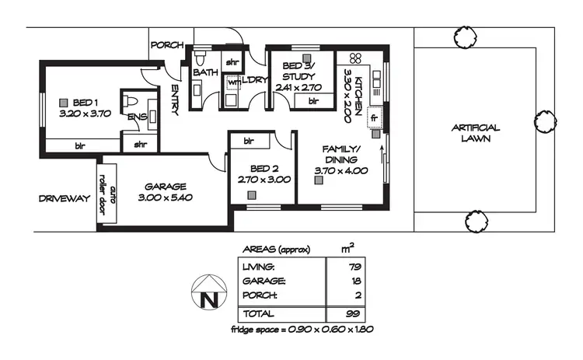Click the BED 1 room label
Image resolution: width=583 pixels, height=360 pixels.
click(86, 102)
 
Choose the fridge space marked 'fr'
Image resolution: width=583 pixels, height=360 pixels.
click(374, 117)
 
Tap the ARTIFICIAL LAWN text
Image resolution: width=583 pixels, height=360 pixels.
click(475, 133)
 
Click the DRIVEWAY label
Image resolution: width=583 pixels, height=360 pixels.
click(65, 199)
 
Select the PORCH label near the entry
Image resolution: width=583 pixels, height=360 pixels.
click(166, 45)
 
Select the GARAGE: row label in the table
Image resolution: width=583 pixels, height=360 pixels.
click(264, 281)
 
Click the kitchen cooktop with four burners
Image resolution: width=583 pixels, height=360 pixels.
click(355, 58)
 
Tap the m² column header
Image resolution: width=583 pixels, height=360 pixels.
click(349, 248)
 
